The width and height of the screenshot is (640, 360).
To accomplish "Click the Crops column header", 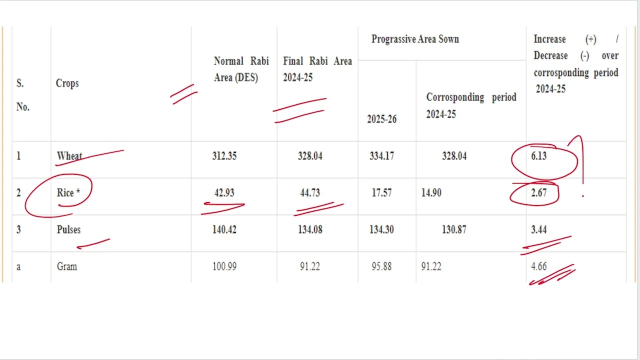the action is tap(67, 83).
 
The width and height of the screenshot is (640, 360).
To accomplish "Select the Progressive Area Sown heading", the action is tap(415, 39).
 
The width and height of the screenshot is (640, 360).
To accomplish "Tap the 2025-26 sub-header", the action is tap(381, 119).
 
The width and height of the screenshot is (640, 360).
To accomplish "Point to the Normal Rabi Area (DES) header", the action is tap(241, 69).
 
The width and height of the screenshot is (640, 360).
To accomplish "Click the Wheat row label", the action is tap(69, 156).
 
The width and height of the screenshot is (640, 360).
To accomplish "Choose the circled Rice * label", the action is tap(68, 193).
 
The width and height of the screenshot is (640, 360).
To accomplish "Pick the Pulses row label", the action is tap(68, 229).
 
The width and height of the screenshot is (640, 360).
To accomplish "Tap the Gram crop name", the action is tap(67, 266).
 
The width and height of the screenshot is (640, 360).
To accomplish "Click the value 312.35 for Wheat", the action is tap(224, 156).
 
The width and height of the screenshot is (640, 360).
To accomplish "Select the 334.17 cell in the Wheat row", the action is tap(381, 156).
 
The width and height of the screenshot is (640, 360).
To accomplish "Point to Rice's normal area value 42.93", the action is tap(224, 193).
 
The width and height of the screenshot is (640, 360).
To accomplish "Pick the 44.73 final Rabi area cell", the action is tap(310, 193).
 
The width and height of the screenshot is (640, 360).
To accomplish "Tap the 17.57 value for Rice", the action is tap(381, 193).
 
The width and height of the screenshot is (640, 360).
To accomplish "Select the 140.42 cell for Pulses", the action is tap(224, 229).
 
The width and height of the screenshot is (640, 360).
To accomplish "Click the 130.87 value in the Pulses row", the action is tap(454, 229).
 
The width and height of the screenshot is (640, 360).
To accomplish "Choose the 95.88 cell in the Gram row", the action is tap(381, 266).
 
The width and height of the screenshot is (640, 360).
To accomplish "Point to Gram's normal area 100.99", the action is tap(224, 266).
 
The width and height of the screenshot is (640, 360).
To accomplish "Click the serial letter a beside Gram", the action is tap(18, 267).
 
